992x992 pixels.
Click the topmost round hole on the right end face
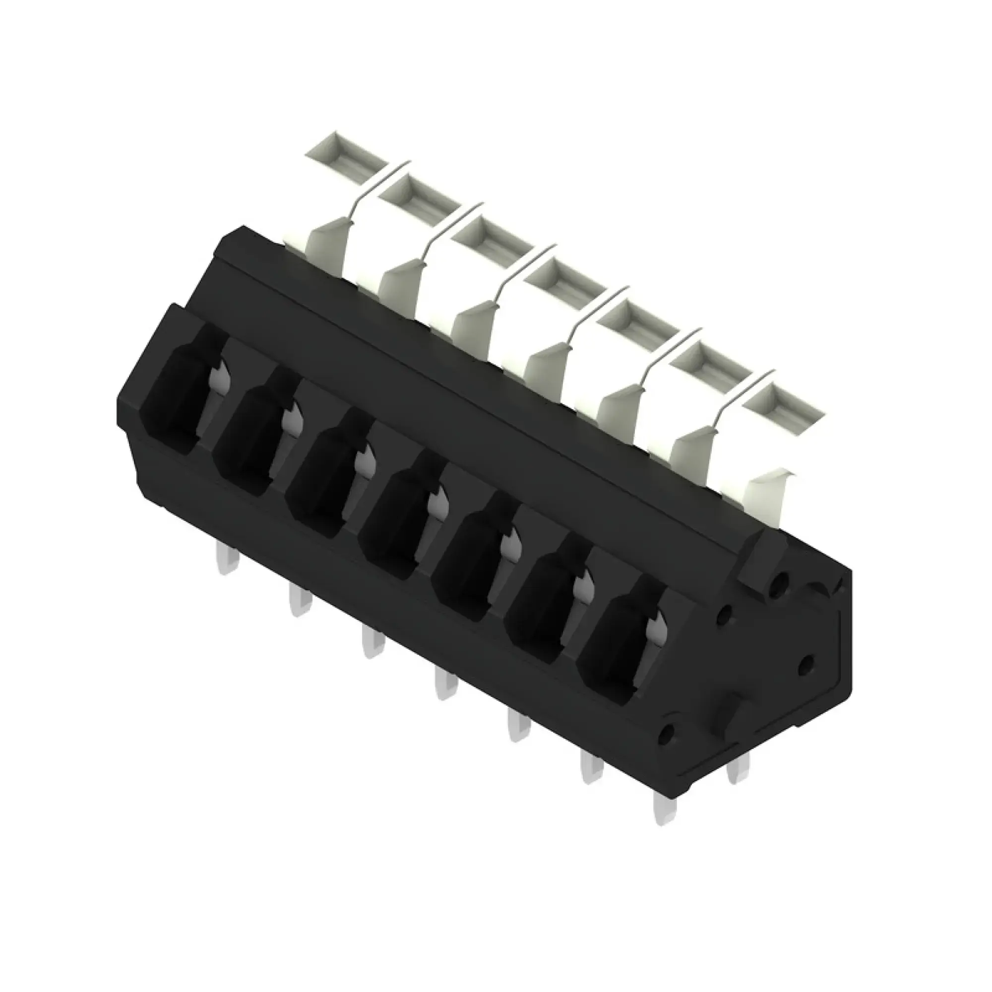[780, 582]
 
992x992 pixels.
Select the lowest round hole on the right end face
[668, 734]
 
